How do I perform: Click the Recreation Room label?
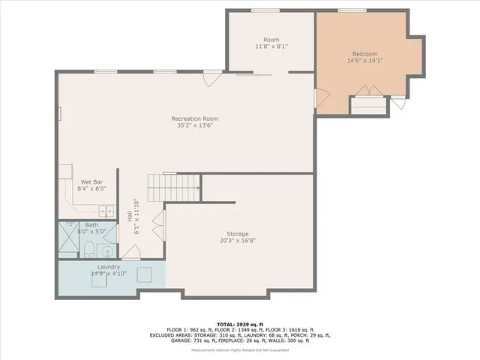(x=195, y=118)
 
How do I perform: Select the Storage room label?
(x=238, y=234)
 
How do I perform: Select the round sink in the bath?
(x=107, y=251)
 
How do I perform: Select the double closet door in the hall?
(x=158, y=225)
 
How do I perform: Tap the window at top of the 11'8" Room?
(x=261, y=10)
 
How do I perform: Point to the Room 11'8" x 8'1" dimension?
(x=271, y=47)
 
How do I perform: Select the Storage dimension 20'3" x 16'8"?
(x=238, y=241)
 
